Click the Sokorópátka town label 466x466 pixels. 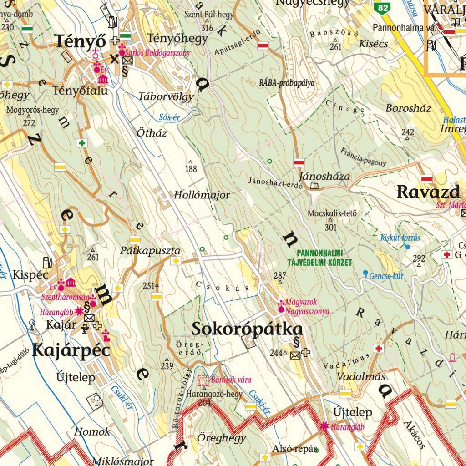(247, 329)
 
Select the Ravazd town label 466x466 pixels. (428, 192)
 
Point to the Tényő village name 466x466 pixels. (81, 41)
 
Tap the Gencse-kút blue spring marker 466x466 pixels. (365, 273)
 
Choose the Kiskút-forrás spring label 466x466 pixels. (400, 238)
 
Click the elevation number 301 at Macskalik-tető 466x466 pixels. (331, 227)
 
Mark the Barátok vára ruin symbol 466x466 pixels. (203, 380)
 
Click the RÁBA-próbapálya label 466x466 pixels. (287, 83)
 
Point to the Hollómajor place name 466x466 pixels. (202, 195)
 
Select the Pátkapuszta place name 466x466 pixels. (150, 251)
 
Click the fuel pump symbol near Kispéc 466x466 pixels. (46, 263)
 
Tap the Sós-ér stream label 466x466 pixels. (169, 117)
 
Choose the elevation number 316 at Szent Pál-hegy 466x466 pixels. (207, 28)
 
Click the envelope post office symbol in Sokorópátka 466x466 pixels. (295, 355)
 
